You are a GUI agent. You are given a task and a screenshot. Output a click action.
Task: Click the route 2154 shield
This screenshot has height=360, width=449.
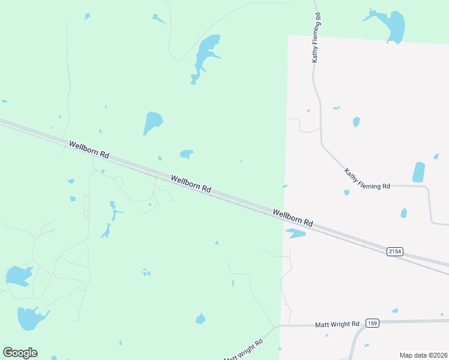[394, 251]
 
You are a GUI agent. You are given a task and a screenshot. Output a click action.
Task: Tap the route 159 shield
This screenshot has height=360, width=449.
[373, 323]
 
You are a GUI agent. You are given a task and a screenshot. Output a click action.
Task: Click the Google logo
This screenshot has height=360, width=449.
[20, 353]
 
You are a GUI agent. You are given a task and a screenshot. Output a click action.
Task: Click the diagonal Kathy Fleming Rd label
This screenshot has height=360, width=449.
[367, 179]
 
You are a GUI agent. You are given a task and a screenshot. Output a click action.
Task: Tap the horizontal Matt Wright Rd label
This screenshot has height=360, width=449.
[337, 324]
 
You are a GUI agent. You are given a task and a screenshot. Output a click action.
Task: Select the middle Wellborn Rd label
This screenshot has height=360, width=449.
[191, 183]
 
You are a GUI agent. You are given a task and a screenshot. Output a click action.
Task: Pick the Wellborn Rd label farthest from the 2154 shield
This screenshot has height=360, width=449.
[89, 149]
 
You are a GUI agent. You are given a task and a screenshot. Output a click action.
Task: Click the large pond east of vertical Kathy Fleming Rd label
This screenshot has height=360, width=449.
[393, 25]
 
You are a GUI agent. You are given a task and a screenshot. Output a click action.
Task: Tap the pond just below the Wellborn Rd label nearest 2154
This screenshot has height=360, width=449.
[295, 233]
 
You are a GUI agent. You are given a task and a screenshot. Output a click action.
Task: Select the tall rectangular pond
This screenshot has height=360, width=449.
[418, 172]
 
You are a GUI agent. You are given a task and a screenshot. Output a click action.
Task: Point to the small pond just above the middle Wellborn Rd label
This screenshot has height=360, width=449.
[187, 154]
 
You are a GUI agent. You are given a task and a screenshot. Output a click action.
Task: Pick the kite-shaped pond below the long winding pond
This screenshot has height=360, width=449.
[152, 122]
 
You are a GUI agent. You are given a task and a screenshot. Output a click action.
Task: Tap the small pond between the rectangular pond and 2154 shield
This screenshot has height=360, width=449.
[404, 213]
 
